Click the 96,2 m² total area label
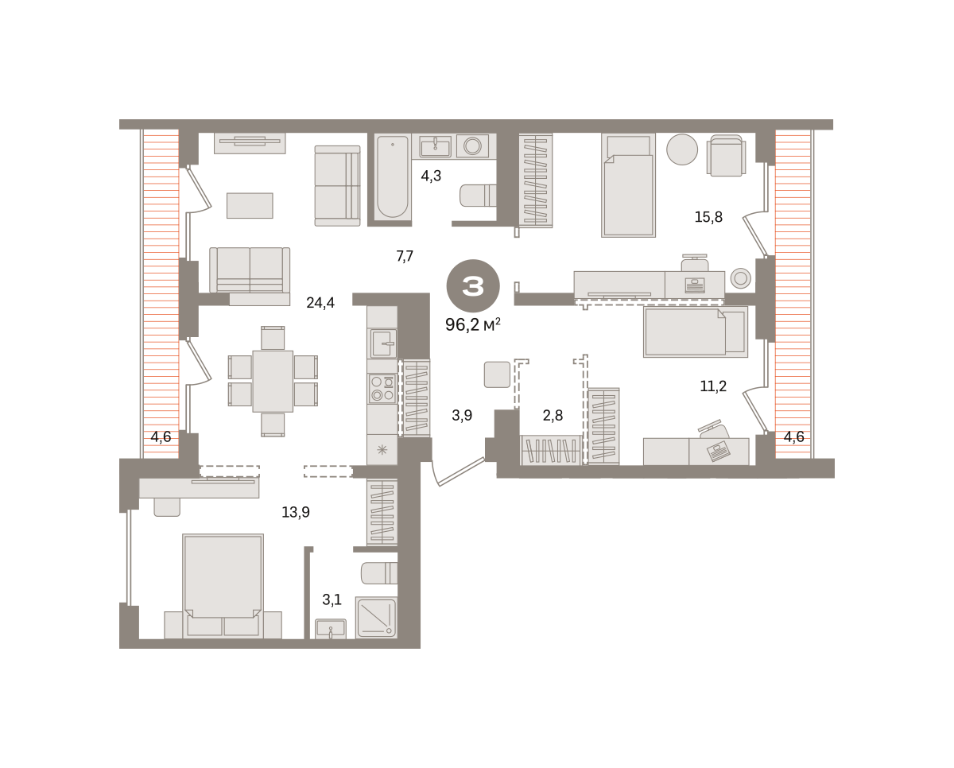[x=473, y=325]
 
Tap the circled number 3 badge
[x=473, y=286]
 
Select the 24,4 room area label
[x=320, y=303]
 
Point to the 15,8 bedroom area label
[x=708, y=217]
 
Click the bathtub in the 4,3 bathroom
[x=392, y=176]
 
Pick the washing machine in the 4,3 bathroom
[x=472, y=145]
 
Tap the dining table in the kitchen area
[x=273, y=382]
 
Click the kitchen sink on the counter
[x=384, y=343]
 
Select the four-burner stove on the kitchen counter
[x=382, y=389]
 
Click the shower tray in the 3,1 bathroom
[x=376, y=618]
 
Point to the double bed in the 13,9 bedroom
[x=223, y=586]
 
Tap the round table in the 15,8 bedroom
[x=682, y=149]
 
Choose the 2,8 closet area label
[x=553, y=416]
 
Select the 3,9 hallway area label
[x=462, y=416]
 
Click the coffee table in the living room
[x=250, y=205]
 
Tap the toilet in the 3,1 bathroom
[x=379, y=573]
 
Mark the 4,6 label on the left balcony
[x=161, y=436]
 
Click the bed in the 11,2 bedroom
[x=695, y=332]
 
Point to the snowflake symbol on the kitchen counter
[x=382, y=451]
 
